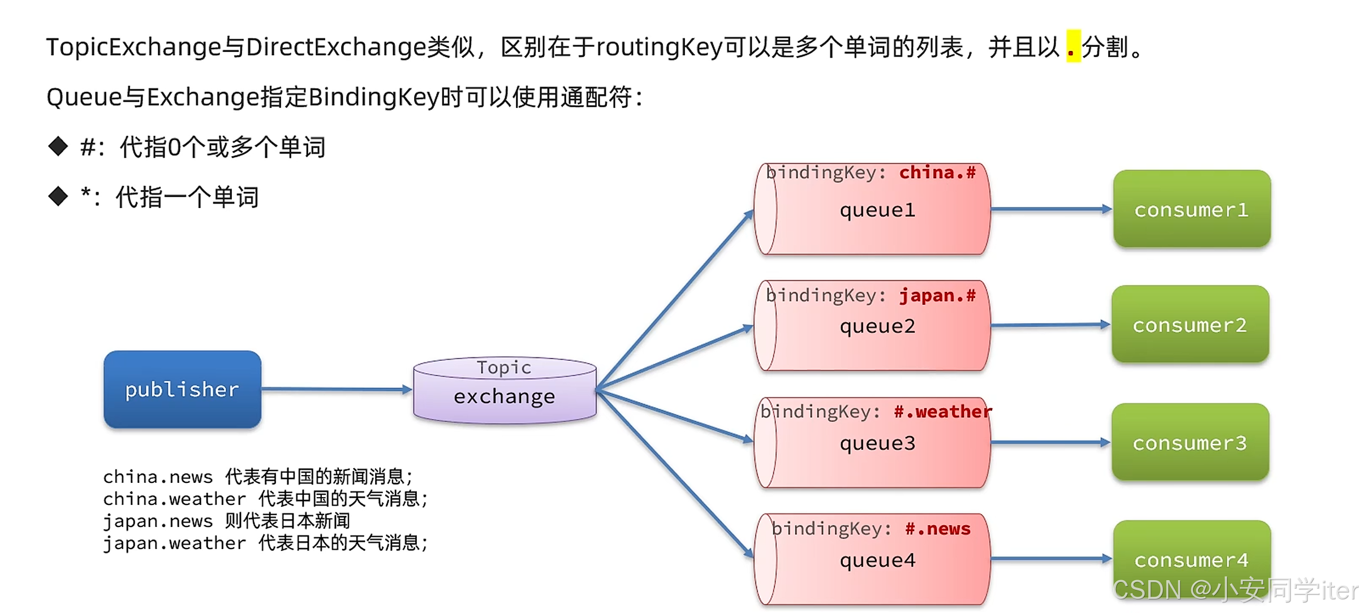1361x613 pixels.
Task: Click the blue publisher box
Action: (x=182, y=389)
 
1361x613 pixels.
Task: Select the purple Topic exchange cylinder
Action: (x=505, y=390)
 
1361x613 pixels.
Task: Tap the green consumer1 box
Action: (x=1191, y=209)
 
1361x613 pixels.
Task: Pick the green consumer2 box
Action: (x=1190, y=325)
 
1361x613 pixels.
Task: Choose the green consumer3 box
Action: (x=1190, y=442)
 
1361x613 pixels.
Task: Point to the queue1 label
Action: (x=877, y=210)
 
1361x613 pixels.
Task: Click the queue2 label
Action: (x=877, y=326)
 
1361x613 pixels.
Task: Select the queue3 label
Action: (x=877, y=443)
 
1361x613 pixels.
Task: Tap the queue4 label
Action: (x=877, y=560)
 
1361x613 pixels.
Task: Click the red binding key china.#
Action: (x=937, y=172)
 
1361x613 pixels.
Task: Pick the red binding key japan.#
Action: (x=937, y=295)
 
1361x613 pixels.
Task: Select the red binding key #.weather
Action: (x=942, y=412)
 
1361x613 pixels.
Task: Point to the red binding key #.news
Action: (x=937, y=529)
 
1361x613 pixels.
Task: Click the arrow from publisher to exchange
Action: (x=337, y=389)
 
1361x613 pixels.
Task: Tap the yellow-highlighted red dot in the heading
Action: (x=1073, y=48)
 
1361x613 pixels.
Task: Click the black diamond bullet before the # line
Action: (x=58, y=146)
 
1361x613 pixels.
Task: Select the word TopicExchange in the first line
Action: (x=133, y=48)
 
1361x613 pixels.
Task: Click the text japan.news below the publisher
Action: (x=158, y=521)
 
